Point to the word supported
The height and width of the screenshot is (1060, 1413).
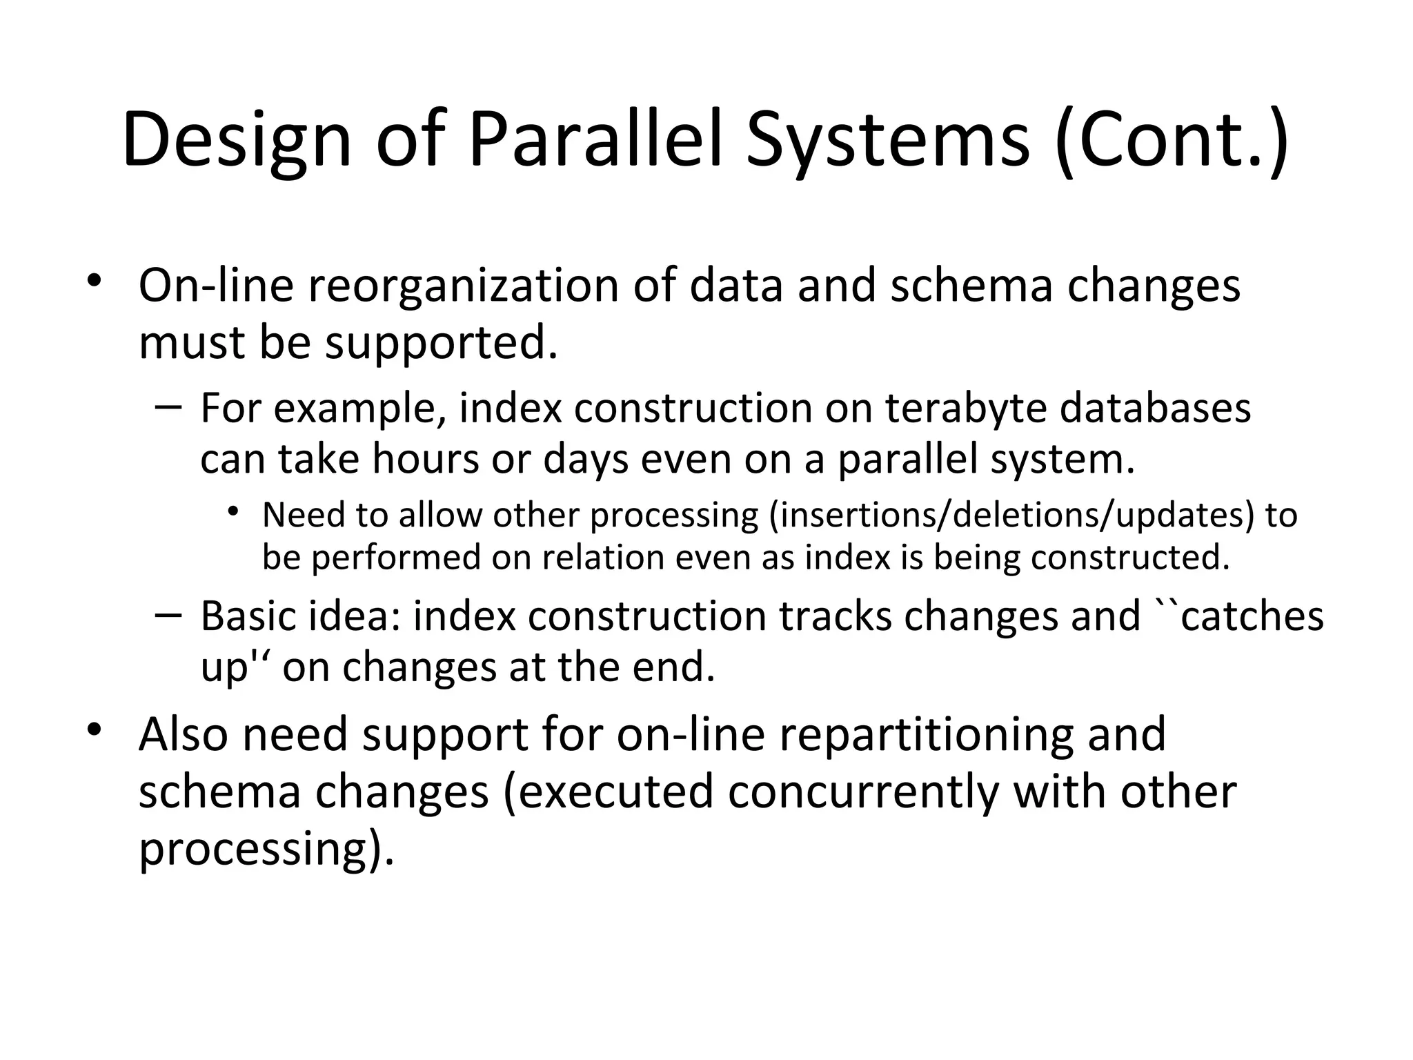(441, 342)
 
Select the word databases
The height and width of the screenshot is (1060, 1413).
(1154, 408)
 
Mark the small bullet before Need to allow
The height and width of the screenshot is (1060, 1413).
(235, 511)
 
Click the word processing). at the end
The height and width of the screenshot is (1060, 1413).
(266, 848)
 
